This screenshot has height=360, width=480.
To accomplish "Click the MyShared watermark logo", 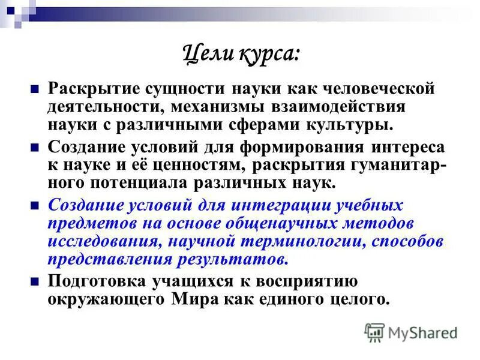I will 411,332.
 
